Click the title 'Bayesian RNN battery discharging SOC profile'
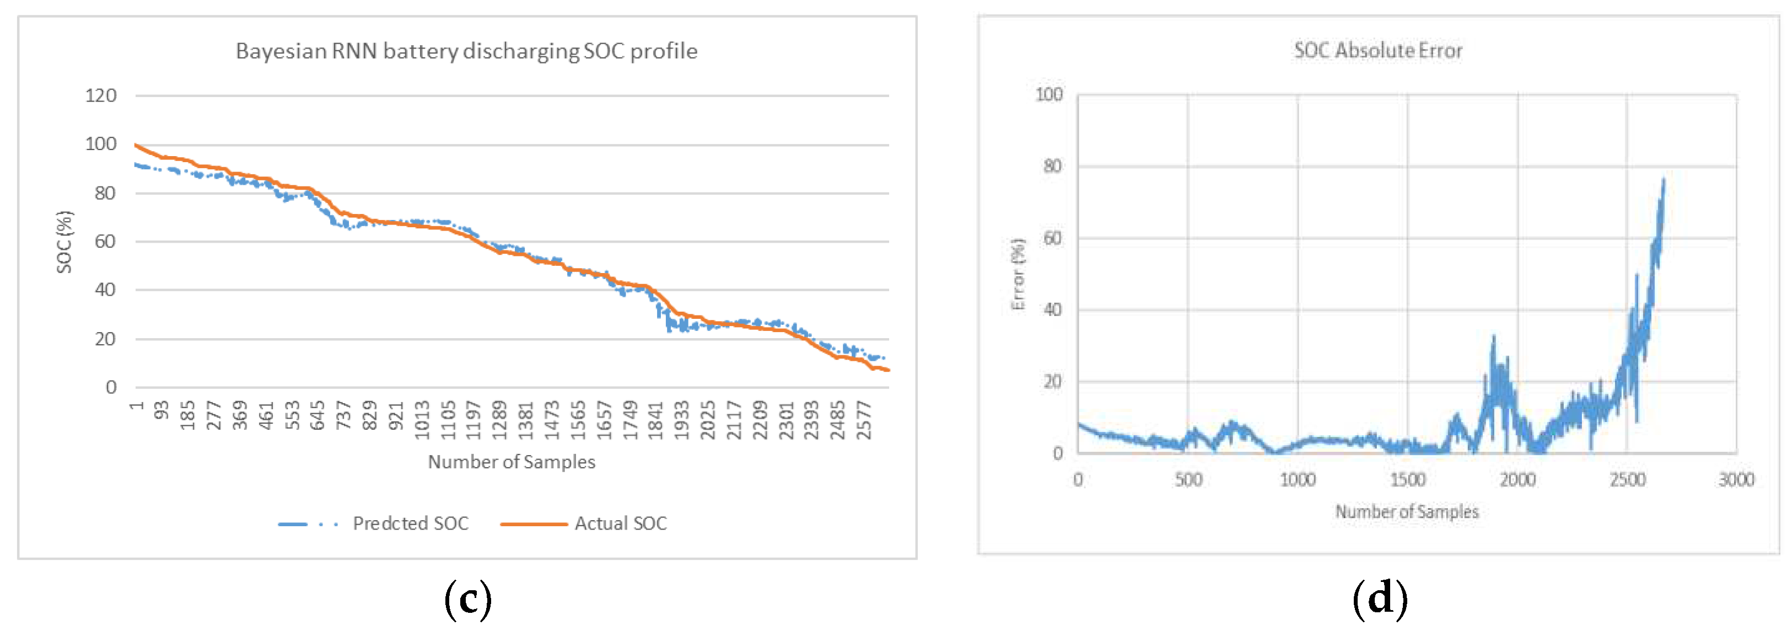pyautogui.click(x=466, y=51)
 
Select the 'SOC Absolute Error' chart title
pyautogui.click(x=1377, y=51)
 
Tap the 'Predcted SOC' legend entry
pyautogui.click(x=410, y=523)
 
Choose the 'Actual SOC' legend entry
pyautogui.click(x=620, y=523)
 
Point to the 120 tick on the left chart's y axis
pyautogui.click(x=101, y=96)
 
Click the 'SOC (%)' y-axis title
pyautogui.click(x=64, y=242)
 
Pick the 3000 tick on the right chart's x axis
pyautogui.click(x=1736, y=479)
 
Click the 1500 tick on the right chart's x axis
pyautogui.click(x=1407, y=479)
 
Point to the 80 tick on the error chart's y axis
pyautogui.click(x=1052, y=166)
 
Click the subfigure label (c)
pyautogui.click(x=467, y=599)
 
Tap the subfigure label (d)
pyautogui.click(x=1380, y=599)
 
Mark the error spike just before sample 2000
pyautogui.click(x=1493, y=338)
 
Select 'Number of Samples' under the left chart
pyautogui.click(x=512, y=462)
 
